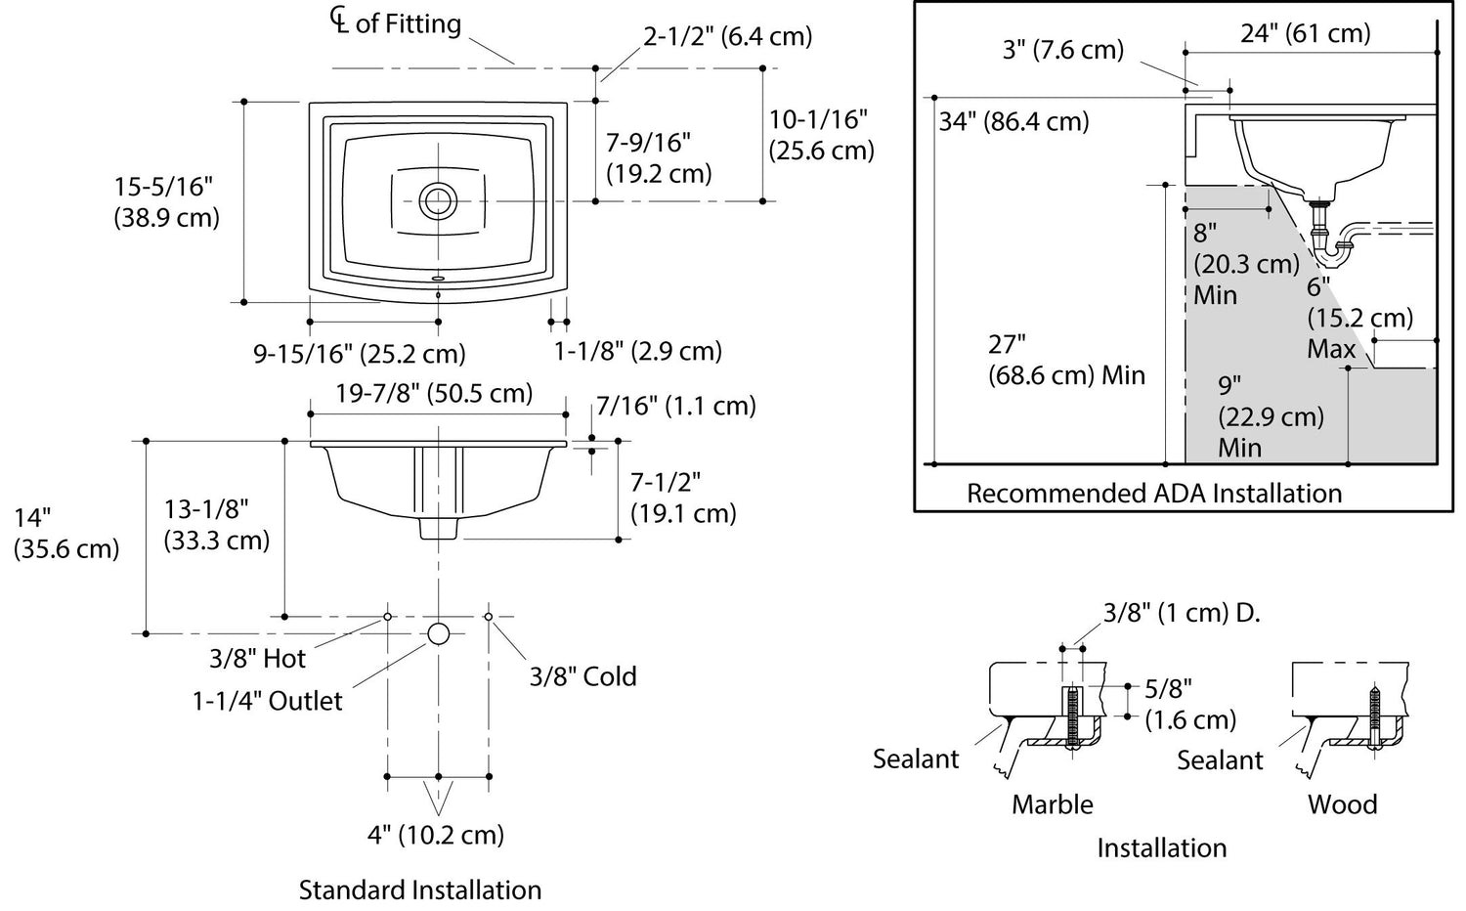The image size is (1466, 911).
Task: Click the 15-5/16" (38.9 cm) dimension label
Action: [166, 201]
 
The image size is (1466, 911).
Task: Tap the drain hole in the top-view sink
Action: [438, 200]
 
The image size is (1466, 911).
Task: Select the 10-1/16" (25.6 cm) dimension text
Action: [821, 135]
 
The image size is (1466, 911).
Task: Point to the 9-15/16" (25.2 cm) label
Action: [360, 353]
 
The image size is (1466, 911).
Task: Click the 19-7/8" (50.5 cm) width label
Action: [435, 393]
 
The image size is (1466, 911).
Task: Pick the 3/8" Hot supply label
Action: [257, 659]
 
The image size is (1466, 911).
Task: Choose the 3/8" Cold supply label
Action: [582, 676]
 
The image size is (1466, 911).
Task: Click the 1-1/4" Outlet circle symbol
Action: [439, 633]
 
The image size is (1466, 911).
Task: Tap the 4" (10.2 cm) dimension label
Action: [436, 835]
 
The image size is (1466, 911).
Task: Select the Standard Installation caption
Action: [420, 889]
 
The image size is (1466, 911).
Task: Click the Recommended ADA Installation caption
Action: [1154, 493]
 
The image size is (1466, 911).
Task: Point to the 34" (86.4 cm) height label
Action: [1013, 122]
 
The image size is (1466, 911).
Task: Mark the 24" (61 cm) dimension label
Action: [1306, 33]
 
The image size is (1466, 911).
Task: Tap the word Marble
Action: [1053, 804]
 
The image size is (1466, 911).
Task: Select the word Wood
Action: [1343, 804]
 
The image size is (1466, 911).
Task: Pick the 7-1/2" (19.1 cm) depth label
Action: [682, 498]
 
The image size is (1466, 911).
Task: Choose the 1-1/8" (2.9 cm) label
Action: [637, 351]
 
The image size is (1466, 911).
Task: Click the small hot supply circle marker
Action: [388, 617]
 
